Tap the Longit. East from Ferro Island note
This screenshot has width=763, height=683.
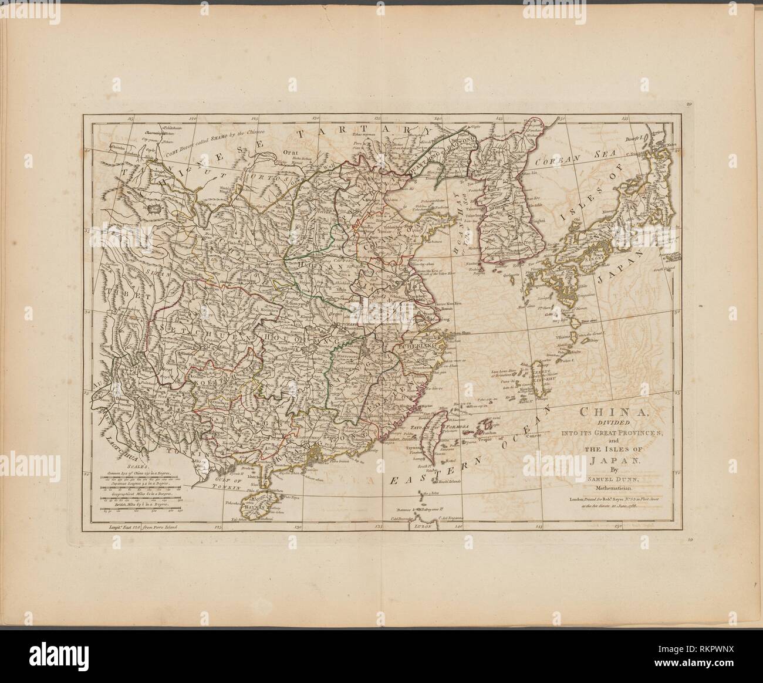click(141, 528)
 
